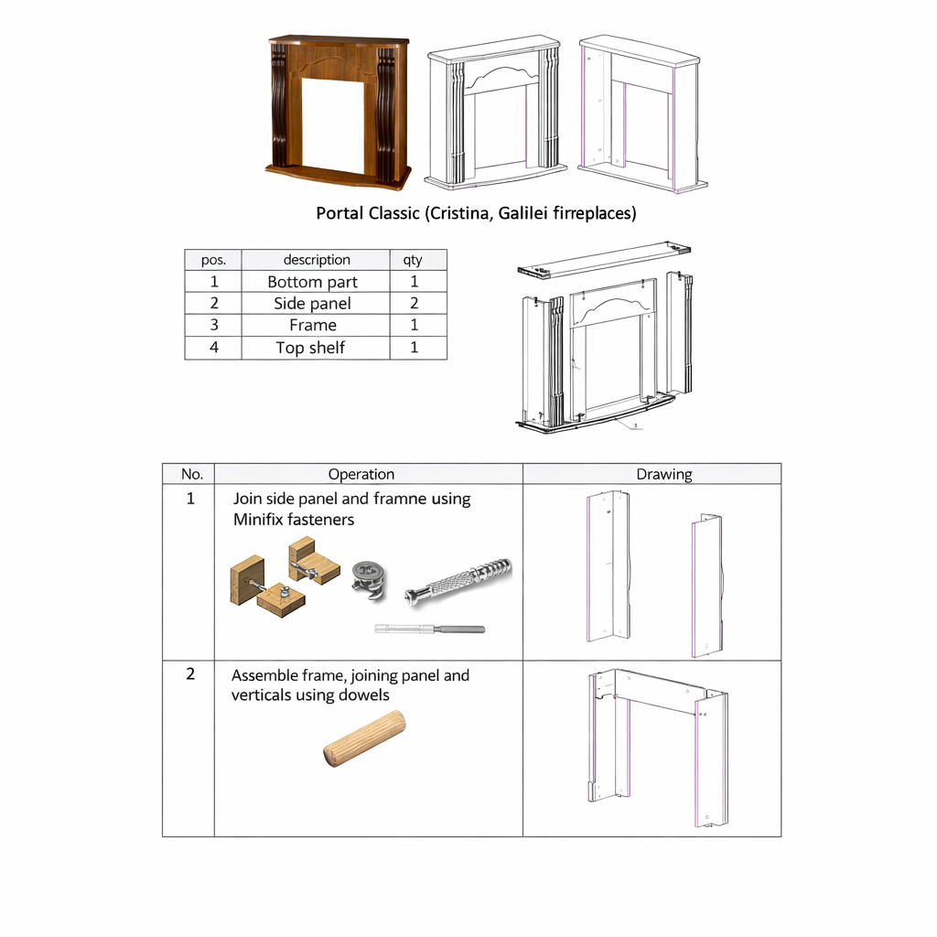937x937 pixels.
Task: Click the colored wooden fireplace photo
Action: point(338,112)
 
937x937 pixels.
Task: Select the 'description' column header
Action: point(317,260)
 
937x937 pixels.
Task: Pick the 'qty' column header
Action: point(413,260)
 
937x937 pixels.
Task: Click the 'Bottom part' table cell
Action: point(312,282)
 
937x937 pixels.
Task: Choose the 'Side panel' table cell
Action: point(312,304)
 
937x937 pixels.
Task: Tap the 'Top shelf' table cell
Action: point(310,348)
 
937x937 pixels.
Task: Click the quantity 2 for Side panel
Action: point(414,304)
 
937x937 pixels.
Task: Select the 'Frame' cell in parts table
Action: point(312,326)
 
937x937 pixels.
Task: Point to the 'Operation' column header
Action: point(361,474)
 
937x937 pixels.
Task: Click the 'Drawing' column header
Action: point(664,474)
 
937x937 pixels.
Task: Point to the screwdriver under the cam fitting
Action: point(430,629)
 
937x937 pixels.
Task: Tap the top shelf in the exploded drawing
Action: point(603,259)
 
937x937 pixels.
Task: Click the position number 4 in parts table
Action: point(213,348)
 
